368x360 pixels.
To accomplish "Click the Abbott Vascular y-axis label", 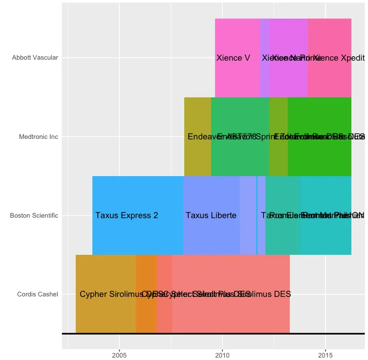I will click(x=35, y=58).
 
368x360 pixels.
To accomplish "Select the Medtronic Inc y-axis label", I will click(x=39, y=137).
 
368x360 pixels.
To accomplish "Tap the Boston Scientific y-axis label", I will click(x=34, y=216).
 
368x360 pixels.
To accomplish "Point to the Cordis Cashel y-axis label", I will click(x=38, y=294).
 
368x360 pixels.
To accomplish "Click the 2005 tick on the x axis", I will click(x=119, y=355).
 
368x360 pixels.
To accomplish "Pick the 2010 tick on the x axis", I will click(x=222, y=355).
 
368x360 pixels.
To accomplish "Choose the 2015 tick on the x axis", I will click(x=325, y=355).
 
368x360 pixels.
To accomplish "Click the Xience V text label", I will click(x=233, y=58).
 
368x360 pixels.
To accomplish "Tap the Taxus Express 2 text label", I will click(x=127, y=216).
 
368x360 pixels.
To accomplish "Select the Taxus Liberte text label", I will click(x=211, y=216).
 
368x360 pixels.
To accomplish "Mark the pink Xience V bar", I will click(x=238, y=34).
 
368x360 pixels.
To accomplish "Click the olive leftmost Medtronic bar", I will click(x=197, y=157).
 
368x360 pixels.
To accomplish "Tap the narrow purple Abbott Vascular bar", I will click(x=264, y=34).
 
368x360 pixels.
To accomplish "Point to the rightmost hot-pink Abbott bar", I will click(x=329, y=34).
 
